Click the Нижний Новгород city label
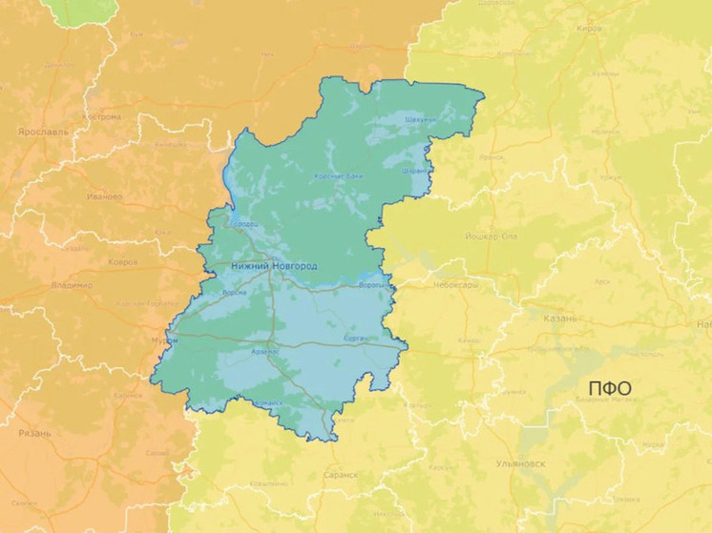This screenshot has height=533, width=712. (x=274, y=265)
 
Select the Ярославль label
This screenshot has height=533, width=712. (x=44, y=133)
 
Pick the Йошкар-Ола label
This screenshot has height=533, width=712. (x=491, y=234)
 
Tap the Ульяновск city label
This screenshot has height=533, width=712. (x=521, y=463)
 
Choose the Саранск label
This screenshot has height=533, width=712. (x=341, y=474)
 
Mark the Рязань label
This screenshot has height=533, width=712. (x=34, y=433)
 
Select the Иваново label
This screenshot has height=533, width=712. (x=104, y=196)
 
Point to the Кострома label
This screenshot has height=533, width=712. (x=103, y=117)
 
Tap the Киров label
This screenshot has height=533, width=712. (x=590, y=29)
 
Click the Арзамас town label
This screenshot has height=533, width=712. (x=264, y=352)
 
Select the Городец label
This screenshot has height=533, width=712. (x=243, y=224)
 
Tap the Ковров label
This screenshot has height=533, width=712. (x=122, y=260)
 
